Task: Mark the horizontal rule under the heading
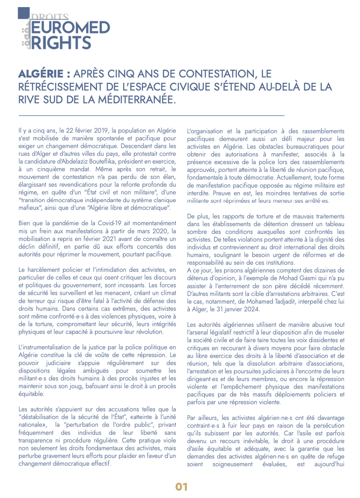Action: point(151,115)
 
